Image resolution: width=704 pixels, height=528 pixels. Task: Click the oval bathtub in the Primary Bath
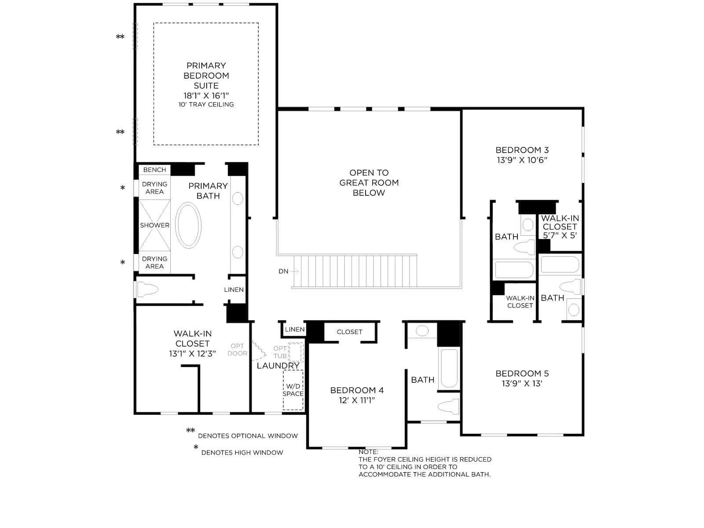(x=188, y=225)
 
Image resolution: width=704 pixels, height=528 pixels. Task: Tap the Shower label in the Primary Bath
(x=154, y=225)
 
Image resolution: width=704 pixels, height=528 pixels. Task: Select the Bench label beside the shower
(x=154, y=170)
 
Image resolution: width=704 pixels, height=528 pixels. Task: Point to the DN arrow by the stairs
(x=294, y=271)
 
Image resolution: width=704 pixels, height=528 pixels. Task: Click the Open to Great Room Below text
(x=369, y=183)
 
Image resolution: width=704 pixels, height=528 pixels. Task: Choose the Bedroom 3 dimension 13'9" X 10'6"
(x=522, y=160)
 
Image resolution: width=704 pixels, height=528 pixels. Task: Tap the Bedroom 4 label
(x=357, y=390)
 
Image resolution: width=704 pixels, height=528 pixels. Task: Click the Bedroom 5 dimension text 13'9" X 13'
(x=522, y=383)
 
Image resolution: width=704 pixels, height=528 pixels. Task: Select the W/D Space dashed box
(x=293, y=390)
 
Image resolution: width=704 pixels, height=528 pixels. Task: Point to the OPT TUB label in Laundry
(x=280, y=352)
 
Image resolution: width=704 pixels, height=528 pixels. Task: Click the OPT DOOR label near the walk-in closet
(x=237, y=349)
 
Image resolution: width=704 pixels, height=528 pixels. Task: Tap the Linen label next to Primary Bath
(x=234, y=290)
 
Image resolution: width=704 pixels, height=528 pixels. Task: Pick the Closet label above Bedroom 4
(x=349, y=332)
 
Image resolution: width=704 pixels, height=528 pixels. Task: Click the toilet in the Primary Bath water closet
(x=147, y=290)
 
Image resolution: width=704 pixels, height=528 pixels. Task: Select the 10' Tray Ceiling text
(x=206, y=105)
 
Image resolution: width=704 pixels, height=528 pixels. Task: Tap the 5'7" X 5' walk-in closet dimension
(x=560, y=235)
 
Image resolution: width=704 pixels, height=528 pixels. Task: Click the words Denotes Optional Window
(x=248, y=436)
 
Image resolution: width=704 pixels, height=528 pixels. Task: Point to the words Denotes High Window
(x=242, y=452)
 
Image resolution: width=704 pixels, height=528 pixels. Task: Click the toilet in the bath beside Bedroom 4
(x=448, y=406)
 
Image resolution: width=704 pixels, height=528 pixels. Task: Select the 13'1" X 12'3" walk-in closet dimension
(x=192, y=354)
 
